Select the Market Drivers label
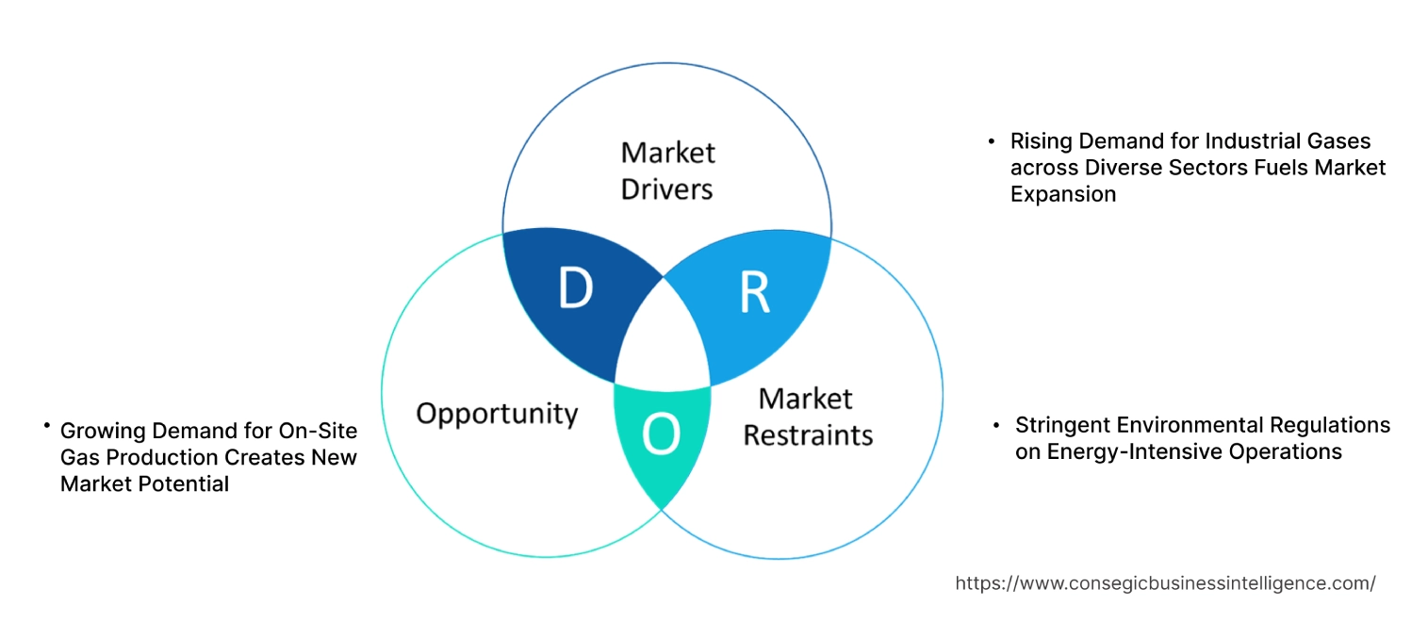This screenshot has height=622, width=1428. click(x=667, y=171)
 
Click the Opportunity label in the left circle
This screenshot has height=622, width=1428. click(x=497, y=413)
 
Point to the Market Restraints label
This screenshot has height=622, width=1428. click(x=808, y=416)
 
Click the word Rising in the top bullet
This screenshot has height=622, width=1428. click(x=1038, y=141)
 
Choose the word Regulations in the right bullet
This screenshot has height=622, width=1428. click(x=1330, y=425)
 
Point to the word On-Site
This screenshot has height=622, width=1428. click(x=319, y=431)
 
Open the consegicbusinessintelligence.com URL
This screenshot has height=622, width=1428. click(x=1165, y=583)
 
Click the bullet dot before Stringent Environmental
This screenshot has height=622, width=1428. click(x=996, y=426)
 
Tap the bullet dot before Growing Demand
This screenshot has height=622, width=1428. click(x=45, y=427)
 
